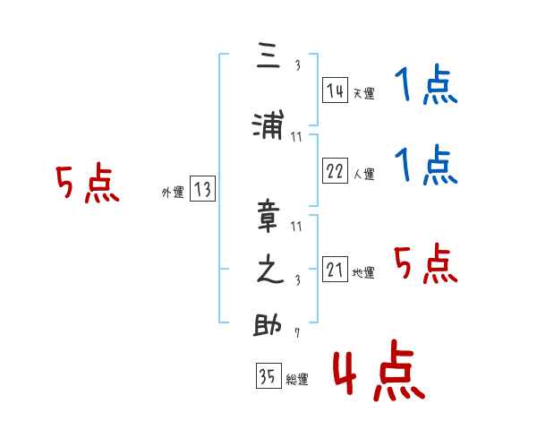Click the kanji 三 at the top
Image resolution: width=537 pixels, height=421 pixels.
(268, 56)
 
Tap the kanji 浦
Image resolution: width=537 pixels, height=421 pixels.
(268, 125)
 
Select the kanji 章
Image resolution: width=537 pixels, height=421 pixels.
(268, 216)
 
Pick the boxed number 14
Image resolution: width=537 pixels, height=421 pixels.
(335, 90)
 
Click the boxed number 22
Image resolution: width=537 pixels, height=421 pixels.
(335, 170)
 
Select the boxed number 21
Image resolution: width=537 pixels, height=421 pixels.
(335, 269)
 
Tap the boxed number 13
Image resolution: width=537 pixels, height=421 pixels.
(202, 189)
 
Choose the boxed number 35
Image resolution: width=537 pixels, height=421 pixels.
(268, 375)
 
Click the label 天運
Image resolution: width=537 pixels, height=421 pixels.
(363, 93)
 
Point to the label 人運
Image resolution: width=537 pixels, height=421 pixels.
(363, 174)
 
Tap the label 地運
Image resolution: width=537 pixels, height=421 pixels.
(363, 273)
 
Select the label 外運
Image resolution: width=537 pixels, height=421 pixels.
(173, 193)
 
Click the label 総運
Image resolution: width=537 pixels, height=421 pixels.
(297, 380)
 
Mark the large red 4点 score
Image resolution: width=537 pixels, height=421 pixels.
(379, 370)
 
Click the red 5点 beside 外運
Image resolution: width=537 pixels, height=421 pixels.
(88, 183)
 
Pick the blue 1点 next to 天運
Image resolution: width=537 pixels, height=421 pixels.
(426, 84)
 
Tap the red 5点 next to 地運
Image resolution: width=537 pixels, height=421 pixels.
(426, 263)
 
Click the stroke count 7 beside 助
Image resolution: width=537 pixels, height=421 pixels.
(297, 332)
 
